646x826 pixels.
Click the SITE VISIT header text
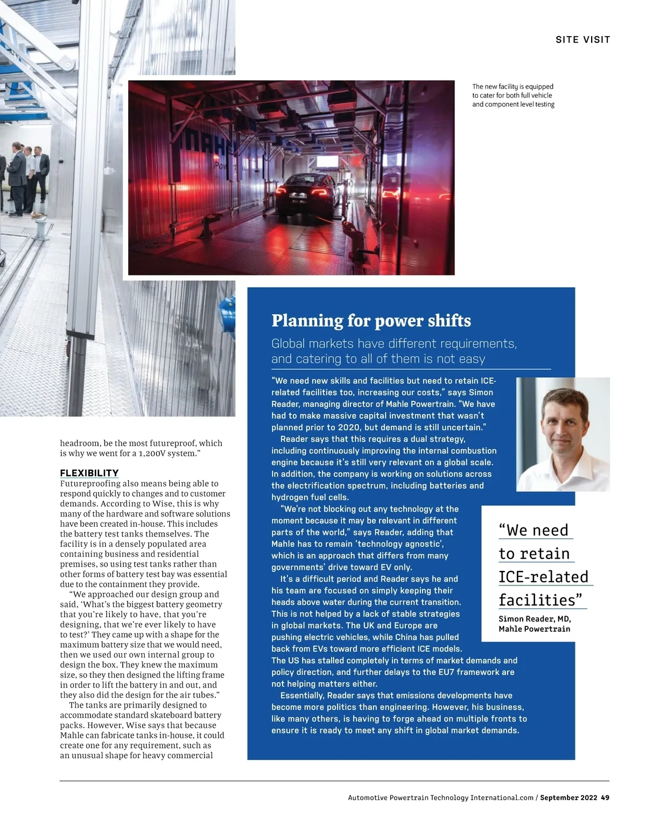[582, 40]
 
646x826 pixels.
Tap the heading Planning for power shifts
[371, 321]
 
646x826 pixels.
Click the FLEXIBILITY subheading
[89, 473]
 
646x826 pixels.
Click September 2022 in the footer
[568, 797]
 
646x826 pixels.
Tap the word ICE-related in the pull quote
[543, 577]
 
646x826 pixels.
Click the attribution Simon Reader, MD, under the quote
[535, 619]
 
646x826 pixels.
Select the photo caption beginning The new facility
[513, 95]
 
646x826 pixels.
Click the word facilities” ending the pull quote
[540, 600]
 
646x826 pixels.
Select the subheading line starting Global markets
[394, 344]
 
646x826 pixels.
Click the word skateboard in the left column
[172, 715]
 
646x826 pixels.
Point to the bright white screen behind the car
[327, 161]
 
